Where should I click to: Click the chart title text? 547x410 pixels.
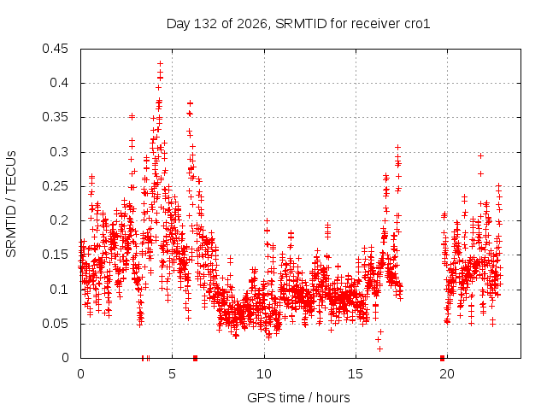click(x=298, y=24)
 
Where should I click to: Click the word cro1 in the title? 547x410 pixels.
click(x=417, y=24)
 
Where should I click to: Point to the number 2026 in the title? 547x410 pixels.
click(x=252, y=24)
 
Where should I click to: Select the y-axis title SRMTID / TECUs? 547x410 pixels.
click(x=11, y=204)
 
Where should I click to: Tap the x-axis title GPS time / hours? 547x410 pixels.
click(x=298, y=397)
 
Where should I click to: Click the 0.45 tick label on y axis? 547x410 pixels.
click(x=55, y=49)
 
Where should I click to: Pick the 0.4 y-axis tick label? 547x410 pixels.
click(x=59, y=83)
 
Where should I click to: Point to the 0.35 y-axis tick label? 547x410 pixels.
click(x=55, y=117)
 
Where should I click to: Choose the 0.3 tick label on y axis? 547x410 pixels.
click(x=59, y=152)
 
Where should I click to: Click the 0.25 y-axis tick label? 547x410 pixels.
click(x=55, y=186)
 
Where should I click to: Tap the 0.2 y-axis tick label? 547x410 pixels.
click(x=59, y=220)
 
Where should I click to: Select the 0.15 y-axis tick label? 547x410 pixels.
click(x=55, y=255)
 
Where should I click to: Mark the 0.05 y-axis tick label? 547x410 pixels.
click(x=55, y=324)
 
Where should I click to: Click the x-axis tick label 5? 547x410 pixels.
click(x=173, y=374)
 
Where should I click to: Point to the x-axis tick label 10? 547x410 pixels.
click(x=264, y=374)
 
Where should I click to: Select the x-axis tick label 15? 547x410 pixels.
click(x=356, y=374)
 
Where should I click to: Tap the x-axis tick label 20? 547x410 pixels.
click(x=447, y=374)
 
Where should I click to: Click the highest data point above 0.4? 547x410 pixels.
click(x=160, y=64)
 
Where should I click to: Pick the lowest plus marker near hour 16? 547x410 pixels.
click(x=379, y=348)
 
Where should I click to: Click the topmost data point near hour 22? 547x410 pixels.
click(x=480, y=155)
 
